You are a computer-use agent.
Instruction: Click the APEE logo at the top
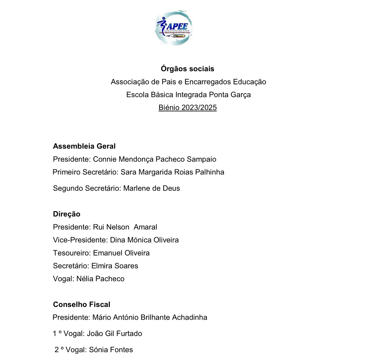pyautogui.click(x=174, y=28)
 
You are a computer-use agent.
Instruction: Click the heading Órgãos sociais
pyautogui.click(x=188, y=69)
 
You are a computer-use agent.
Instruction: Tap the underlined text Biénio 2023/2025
pyautogui.click(x=188, y=108)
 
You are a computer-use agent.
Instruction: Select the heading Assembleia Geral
pyautogui.click(x=84, y=146)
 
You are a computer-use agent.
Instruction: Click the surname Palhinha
pyautogui.click(x=210, y=172)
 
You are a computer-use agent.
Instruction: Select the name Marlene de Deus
pyautogui.click(x=151, y=188)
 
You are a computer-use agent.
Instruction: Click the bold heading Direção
pyautogui.click(x=67, y=214)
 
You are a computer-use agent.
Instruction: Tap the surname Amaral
pyautogui.click(x=145, y=227)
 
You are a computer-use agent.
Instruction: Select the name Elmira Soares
pyautogui.click(x=115, y=266)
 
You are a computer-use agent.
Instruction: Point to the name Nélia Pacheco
pyautogui.click(x=100, y=279)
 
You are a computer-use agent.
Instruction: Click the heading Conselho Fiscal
pyautogui.click(x=82, y=305)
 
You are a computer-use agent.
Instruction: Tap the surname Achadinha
pyautogui.click(x=190, y=318)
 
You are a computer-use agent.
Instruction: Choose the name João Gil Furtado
pyautogui.click(x=114, y=334)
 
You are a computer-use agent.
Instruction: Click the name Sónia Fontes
pyautogui.click(x=111, y=350)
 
